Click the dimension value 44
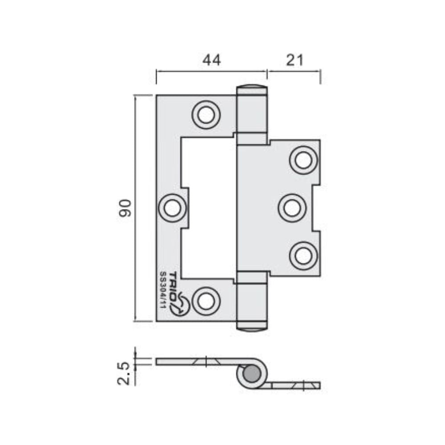point(211,60)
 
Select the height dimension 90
point(126,208)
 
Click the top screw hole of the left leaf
point(206,115)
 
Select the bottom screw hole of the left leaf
point(206,301)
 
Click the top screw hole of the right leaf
point(303,160)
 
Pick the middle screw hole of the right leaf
point(292,208)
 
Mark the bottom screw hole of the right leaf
point(303,256)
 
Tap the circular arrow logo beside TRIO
point(182,306)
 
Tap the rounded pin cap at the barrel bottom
point(252,328)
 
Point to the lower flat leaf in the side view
point(294,385)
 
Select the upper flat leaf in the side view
point(200,361)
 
